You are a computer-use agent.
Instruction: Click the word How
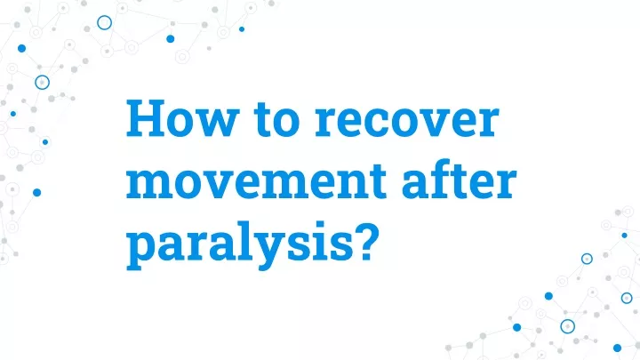181,118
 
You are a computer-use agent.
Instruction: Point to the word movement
256,180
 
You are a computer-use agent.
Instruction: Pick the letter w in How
217,123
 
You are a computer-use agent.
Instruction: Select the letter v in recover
436,123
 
